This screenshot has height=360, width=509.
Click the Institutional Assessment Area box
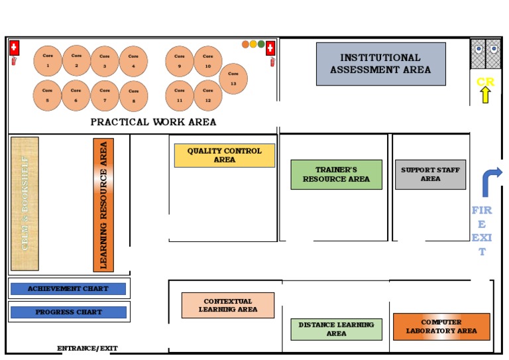(x=380, y=64)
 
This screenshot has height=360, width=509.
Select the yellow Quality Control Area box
(x=224, y=155)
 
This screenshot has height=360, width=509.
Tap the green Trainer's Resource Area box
(x=336, y=174)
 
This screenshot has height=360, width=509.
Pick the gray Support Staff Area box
(x=430, y=174)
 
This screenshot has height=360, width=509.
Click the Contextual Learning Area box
(x=227, y=305)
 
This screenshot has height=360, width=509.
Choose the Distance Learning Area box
(x=336, y=329)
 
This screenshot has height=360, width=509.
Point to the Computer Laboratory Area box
(x=441, y=326)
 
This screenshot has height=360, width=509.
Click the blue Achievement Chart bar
(x=68, y=289)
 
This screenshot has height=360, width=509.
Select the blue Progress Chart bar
(x=68, y=312)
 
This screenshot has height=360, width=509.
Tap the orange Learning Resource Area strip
(x=103, y=205)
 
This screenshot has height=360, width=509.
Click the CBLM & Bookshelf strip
(x=25, y=204)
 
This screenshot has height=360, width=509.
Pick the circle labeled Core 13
(x=233, y=79)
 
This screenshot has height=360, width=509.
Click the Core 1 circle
(x=48, y=61)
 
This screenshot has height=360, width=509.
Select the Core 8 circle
(x=133, y=95)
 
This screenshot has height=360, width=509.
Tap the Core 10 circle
(x=208, y=61)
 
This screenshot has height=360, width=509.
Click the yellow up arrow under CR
(x=484, y=95)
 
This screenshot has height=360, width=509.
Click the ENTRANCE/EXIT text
(x=87, y=348)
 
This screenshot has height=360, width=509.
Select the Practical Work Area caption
(x=153, y=122)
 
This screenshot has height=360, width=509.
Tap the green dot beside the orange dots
(x=261, y=44)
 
